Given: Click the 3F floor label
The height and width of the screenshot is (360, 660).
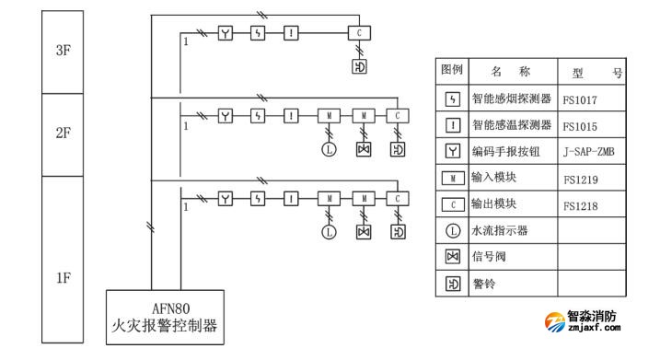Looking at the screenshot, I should (64, 52).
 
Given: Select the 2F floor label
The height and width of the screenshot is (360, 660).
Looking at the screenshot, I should (64, 133).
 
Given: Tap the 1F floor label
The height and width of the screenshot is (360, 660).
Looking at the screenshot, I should (64, 277).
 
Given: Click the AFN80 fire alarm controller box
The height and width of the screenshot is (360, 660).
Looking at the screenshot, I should (166, 316).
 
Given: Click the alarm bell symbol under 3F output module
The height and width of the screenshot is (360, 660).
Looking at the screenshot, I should (359, 67).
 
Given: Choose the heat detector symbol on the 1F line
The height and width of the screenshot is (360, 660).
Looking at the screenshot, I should (291, 198).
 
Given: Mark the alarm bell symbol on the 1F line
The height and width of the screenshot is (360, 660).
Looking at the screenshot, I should (397, 232).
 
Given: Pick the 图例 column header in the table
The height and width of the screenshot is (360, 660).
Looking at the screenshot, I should (452, 71).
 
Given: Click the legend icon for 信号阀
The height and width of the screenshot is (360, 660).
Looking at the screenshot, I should (452, 257).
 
